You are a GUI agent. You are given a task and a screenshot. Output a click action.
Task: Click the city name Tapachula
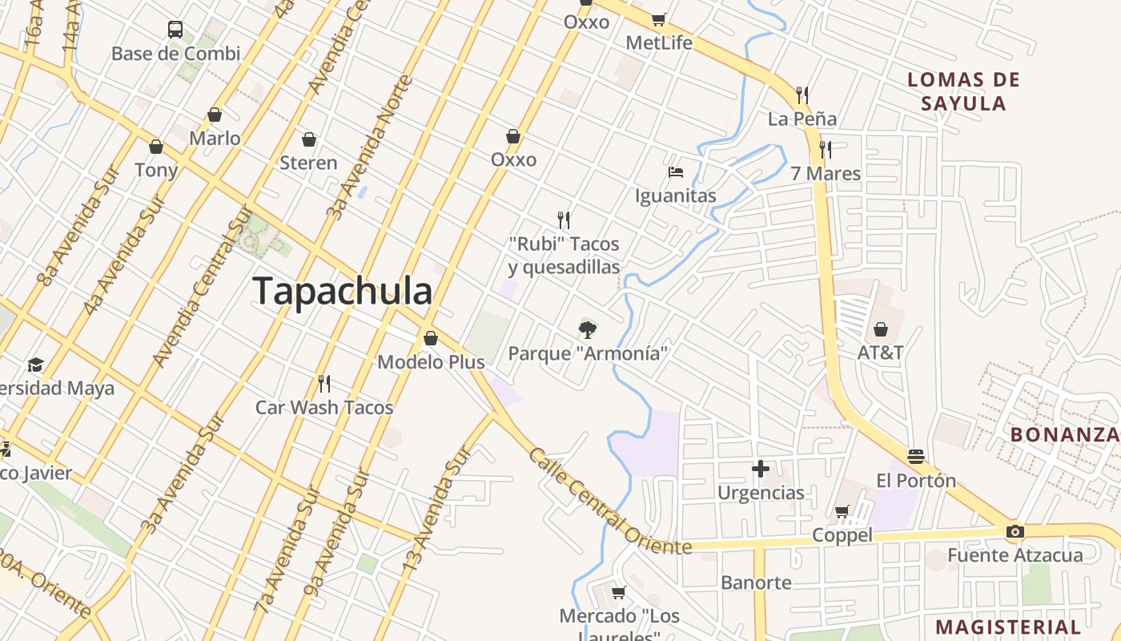coord(343,291)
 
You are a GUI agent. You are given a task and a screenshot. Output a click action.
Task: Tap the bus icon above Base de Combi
coord(175,30)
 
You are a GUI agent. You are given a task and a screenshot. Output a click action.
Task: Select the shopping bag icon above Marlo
coord(215,115)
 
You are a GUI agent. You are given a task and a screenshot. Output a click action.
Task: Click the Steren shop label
coord(308,163)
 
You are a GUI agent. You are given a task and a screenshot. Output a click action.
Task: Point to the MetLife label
coord(659,42)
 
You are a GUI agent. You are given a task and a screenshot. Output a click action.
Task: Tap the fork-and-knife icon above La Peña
coord(802,95)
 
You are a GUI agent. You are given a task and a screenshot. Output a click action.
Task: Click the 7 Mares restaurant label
coord(826,173)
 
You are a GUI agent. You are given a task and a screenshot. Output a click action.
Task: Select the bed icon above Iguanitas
coord(675,172)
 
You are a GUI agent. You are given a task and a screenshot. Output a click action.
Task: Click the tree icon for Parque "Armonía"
coord(588,329)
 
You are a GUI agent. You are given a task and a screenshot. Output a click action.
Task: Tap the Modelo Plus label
coord(431,362)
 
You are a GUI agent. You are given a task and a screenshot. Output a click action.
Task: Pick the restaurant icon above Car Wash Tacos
coord(324,384)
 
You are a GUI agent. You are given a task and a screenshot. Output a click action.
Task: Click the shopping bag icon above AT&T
coord(881,329)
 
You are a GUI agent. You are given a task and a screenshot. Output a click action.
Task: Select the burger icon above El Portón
coord(916,457)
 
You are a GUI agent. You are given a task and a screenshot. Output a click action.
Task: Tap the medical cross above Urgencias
coord(761,469)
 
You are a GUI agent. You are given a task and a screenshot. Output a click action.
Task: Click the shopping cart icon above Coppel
coord(842,511)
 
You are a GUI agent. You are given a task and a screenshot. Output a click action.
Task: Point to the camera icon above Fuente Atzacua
coord(1015,531)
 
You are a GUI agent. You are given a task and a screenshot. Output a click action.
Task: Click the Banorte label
coord(756,583)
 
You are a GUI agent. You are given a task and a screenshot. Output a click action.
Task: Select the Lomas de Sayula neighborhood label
coord(964,91)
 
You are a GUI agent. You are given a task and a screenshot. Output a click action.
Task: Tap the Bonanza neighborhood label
coord(1065,434)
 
